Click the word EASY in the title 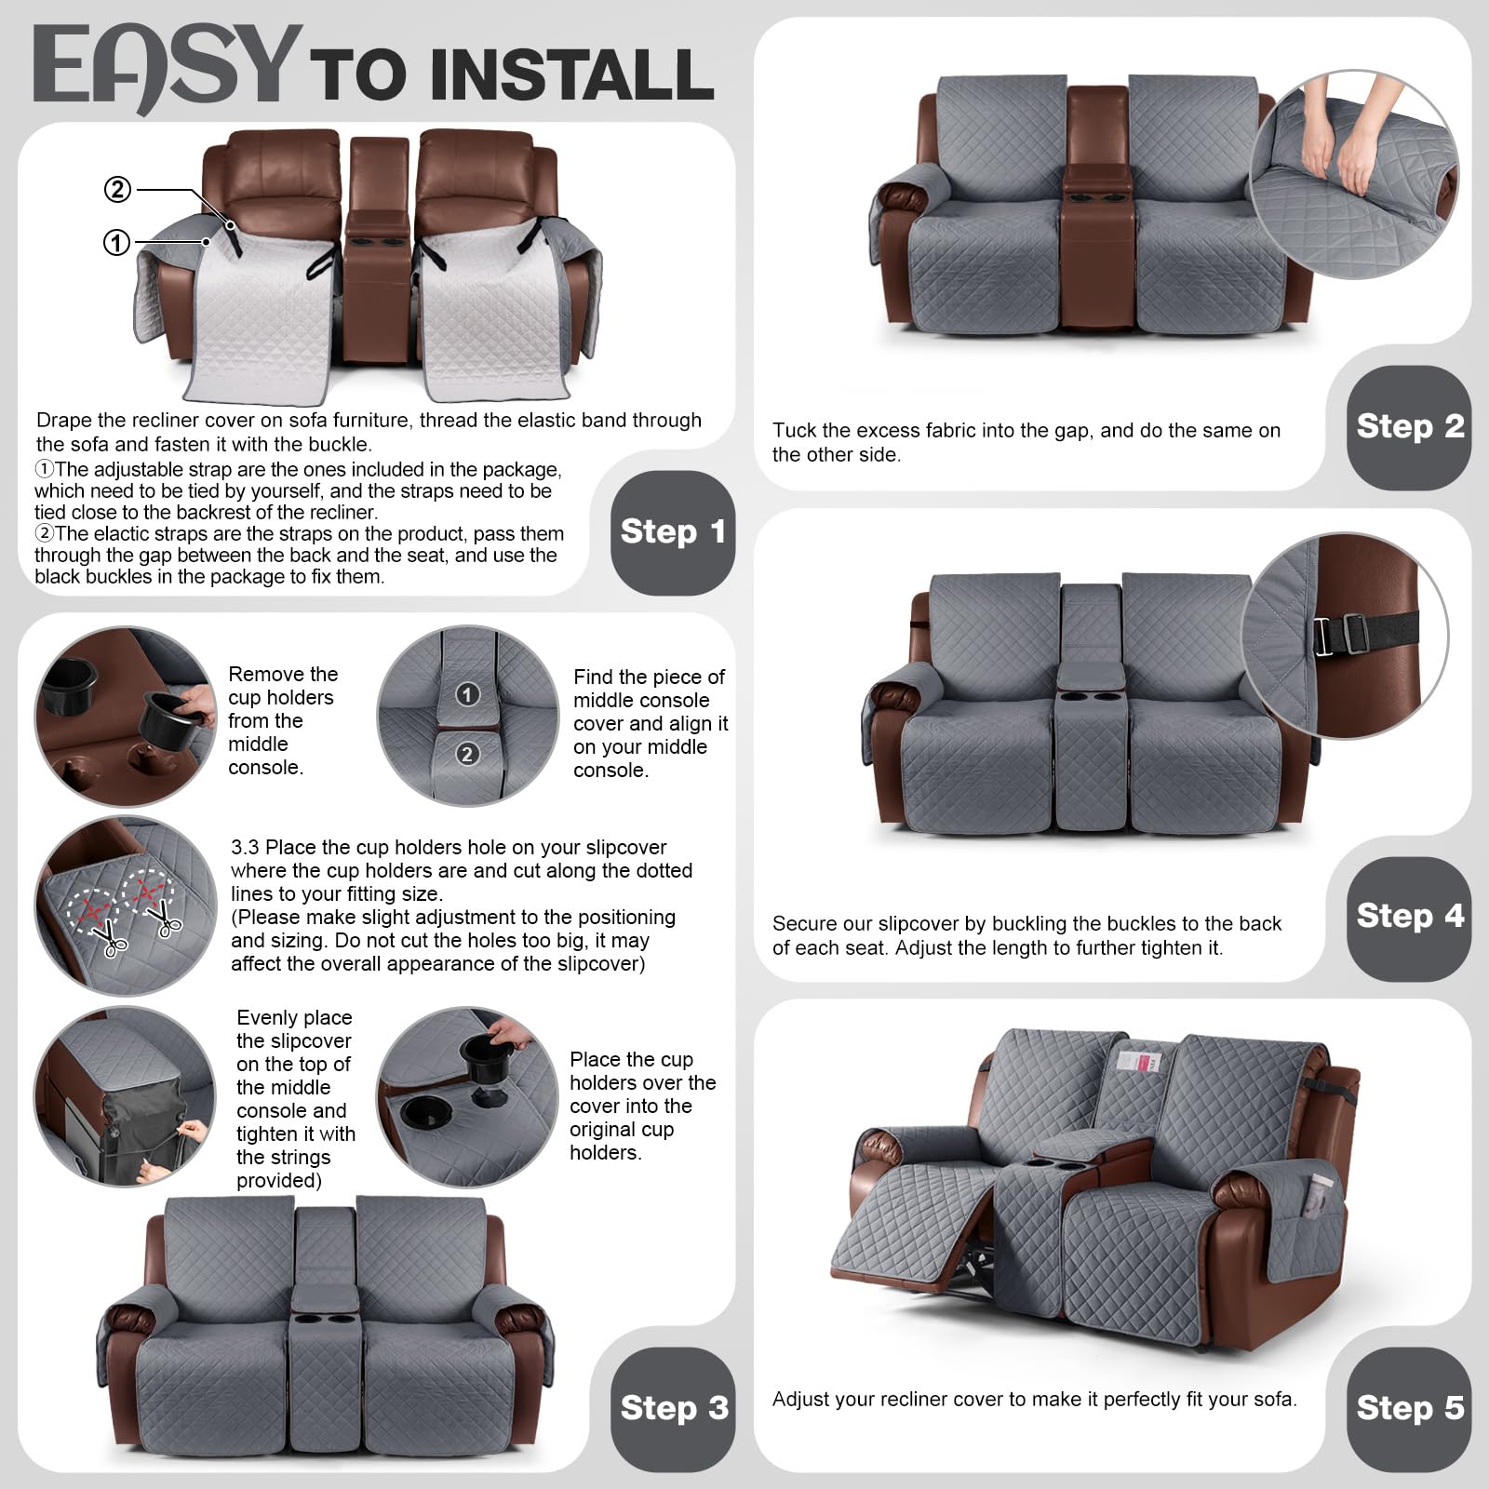168,67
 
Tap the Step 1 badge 673,532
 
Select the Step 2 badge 1409,427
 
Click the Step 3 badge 673,1409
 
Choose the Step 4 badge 1409,918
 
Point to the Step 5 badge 1409,1409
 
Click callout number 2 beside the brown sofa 117,190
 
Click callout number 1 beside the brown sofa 116,244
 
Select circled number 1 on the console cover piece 467,694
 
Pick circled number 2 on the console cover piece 467,754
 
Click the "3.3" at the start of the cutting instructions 245,848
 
